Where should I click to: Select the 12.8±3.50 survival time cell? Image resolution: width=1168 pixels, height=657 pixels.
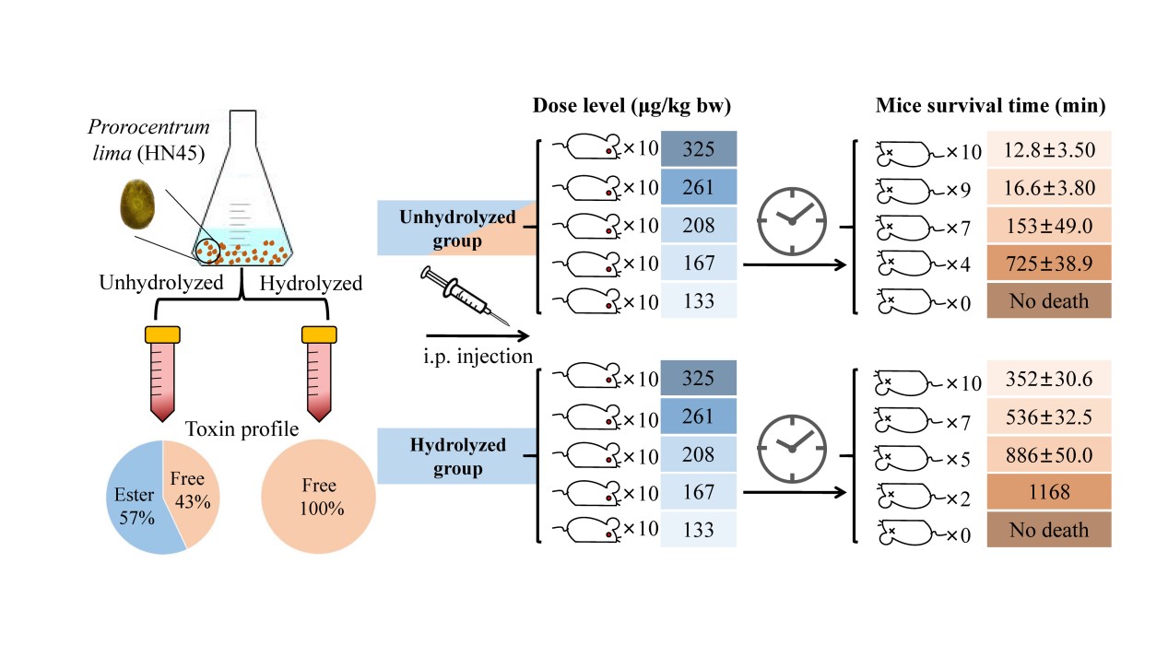pos(1048,149)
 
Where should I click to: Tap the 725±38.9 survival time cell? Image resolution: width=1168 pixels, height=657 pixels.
pos(1048,263)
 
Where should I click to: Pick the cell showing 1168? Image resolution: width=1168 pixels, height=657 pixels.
pos(1048,492)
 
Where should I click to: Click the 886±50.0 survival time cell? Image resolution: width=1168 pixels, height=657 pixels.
pos(1048,454)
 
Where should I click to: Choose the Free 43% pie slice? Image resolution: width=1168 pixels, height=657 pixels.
pos(189,487)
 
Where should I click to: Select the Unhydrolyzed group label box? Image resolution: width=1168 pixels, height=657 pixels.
pos(445,229)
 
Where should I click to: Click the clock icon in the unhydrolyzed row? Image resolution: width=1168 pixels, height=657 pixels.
pos(788,219)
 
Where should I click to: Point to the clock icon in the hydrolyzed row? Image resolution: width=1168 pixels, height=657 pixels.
pos(788,445)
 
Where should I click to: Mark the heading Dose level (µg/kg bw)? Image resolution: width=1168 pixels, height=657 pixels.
pos(631,106)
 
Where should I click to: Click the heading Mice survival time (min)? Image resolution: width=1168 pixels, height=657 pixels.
pos(989,106)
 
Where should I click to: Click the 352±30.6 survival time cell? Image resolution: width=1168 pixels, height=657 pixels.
pos(1048,379)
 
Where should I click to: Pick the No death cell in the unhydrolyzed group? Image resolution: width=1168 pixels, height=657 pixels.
pos(1048,300)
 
